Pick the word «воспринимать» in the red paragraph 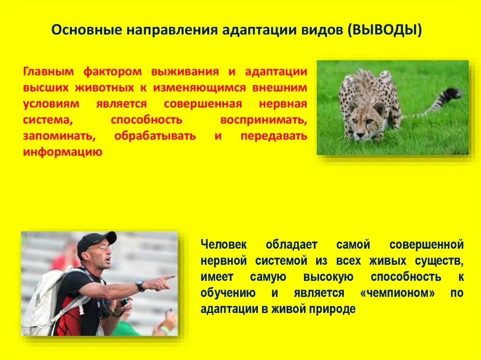[263, 120]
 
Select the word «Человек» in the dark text [223, 245]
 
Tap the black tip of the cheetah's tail [454, 93]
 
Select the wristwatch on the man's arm [140, 285]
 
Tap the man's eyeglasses [103, 248]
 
